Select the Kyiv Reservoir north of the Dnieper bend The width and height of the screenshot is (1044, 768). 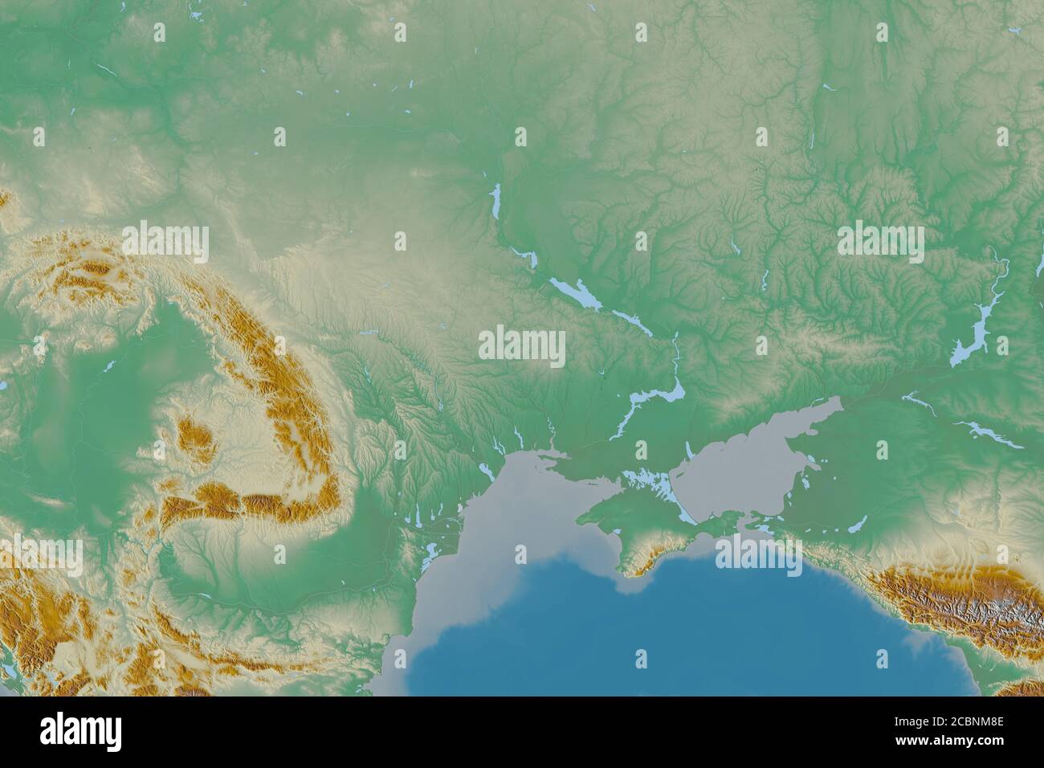point(496,201)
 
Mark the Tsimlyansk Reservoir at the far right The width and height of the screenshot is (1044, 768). point(976,329)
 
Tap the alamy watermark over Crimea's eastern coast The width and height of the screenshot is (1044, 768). point(758,555)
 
